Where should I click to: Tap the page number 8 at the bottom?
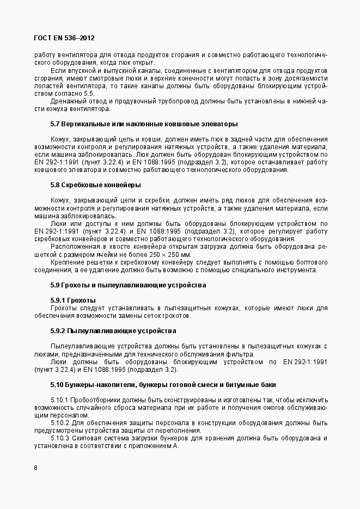pos(35,468)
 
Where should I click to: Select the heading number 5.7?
pos(55,124)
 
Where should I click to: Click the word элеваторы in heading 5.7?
pos(218,124)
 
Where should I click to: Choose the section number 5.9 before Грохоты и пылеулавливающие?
pos(55,285)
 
